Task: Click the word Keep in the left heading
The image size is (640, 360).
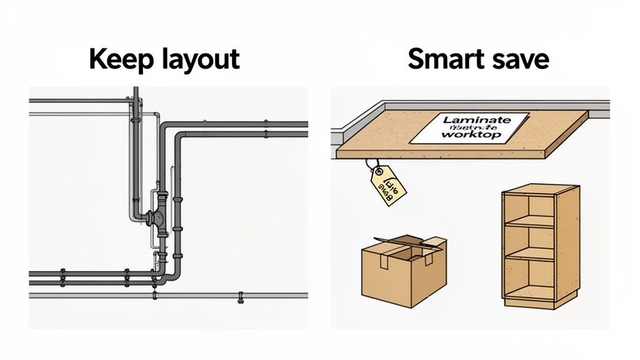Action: (x=117, y=59)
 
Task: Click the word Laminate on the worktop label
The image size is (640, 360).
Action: (x=477, y=119)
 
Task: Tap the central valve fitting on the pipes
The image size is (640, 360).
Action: (x=157, y=218)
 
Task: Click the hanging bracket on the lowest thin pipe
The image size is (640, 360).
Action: (x=240, y=298)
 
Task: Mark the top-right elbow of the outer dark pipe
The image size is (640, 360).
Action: (x=167, y=127)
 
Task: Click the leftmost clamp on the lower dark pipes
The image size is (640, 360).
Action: (x=62, y=276)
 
